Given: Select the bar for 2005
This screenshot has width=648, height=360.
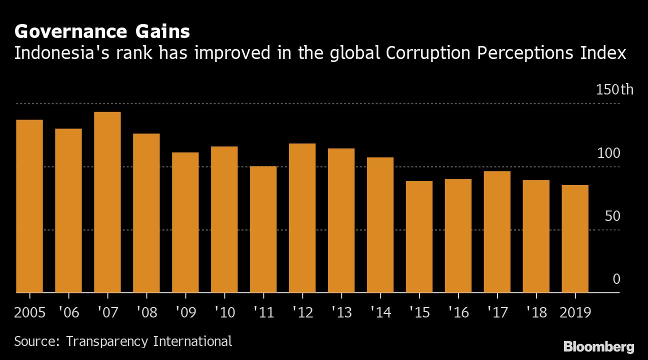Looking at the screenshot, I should tap(29, 206).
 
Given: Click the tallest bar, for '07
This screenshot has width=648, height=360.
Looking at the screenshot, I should tap(107, 202).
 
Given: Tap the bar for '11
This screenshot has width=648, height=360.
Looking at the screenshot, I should tap(263, 229).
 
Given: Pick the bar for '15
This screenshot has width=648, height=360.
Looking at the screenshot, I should tap(419, 236).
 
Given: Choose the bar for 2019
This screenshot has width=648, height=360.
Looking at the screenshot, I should tap(575, 238).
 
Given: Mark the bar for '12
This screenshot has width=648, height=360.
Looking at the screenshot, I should tap(302, 218).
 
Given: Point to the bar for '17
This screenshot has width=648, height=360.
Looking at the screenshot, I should tap(497, 231).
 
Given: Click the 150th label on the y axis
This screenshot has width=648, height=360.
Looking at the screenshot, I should tap(614, 90).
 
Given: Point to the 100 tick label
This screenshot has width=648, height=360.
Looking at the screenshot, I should tap(608, 153).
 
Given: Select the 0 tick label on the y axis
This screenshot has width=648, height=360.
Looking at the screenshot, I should tap(616, 279).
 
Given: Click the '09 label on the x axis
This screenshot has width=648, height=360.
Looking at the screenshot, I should tap(185, 312).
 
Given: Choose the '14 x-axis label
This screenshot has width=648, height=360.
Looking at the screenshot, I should tap(380, 312).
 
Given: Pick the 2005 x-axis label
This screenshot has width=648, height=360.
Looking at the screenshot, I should tap(29, 312).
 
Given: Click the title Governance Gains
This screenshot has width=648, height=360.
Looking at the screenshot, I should tap(102, 32).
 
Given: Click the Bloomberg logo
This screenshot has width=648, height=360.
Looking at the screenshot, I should tap(598, 346).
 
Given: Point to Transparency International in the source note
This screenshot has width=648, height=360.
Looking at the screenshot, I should tap(149, 341).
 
